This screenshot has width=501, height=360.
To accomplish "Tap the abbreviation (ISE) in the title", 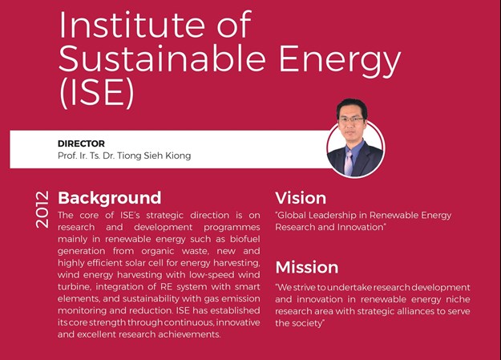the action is pyautogui.click(x=97, y=92).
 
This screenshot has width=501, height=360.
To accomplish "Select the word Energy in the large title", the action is pyautogui.click(x=340, y=60).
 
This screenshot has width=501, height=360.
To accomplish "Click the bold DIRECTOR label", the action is pyautogui.click(x=81, y=144).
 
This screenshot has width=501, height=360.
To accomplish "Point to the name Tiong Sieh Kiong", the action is pyautogui.click(x=154, y=156).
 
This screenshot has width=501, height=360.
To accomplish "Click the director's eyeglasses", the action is pyautogui.click(x=351, y=120).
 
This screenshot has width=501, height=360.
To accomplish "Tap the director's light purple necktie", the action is pyautogui.click(x=349, y=163).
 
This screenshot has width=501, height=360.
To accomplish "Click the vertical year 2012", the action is pyautogui.click(x=42, y=209).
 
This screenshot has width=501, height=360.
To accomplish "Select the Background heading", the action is pyautogui.click(x=110, y=197).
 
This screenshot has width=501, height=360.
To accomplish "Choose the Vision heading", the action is pyautogui.click(x=301, y=198).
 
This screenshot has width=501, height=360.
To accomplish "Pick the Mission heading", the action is pyautogui.click(x=307, y=267).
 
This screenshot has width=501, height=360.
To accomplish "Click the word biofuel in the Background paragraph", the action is pyautogui.click(x=245, y=239).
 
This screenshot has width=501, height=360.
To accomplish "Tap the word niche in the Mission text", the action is pyautogui.click(x=458, y=299).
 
